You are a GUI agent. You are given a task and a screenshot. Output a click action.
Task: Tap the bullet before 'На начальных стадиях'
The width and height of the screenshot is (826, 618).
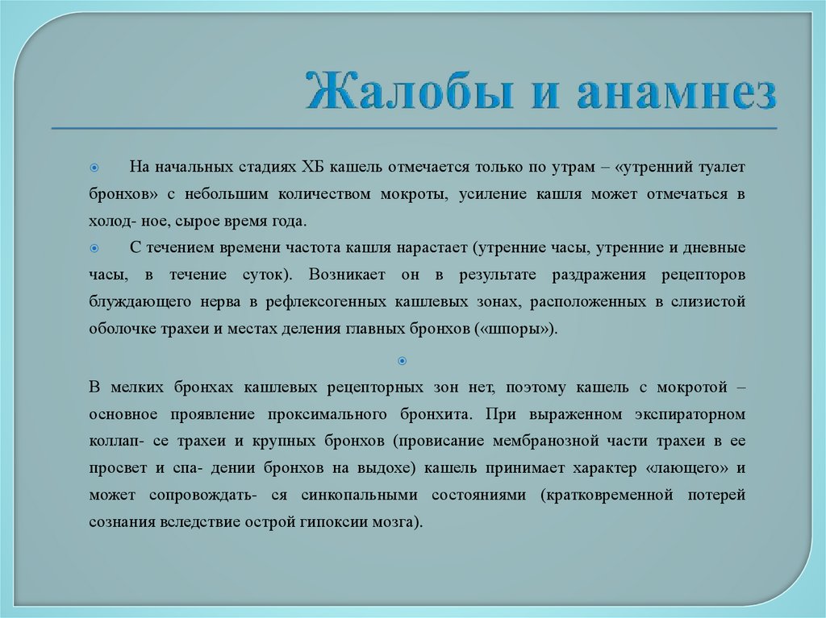click(x=94, y=167)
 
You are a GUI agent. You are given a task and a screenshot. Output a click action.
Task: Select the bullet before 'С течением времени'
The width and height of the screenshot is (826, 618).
click(x=94, y=247)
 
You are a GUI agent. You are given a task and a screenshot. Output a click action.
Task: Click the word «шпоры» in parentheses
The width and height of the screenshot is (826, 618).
click(x=525, y=329)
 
